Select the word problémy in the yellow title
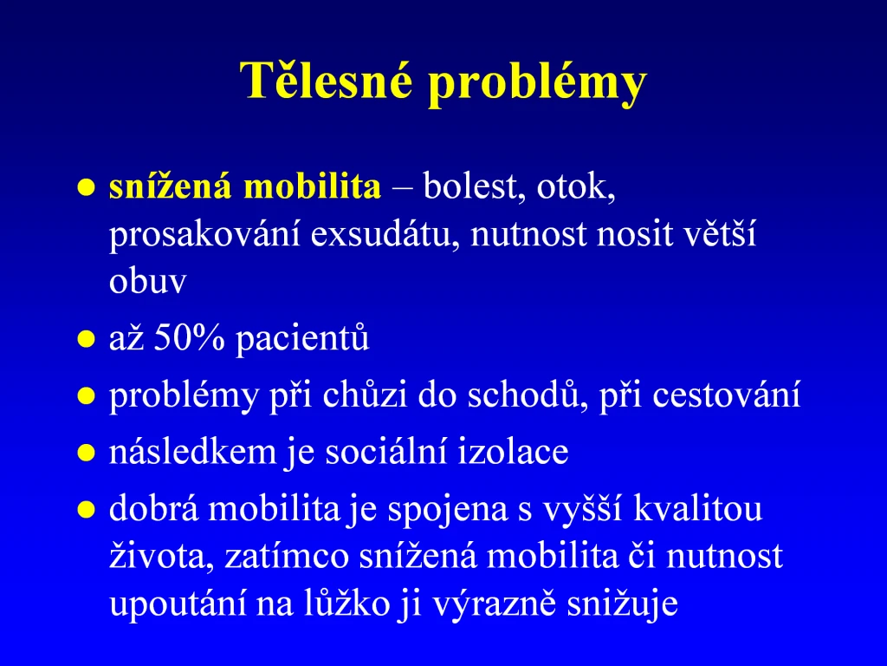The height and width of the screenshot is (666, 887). [x=537, y=82]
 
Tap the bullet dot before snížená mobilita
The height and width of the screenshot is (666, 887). [x=86, y=187]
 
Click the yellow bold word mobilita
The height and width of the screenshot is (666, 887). [x=312, y=186]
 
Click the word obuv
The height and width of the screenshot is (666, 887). [x=147, y=281]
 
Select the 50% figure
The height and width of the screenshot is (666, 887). [x=189, y=337]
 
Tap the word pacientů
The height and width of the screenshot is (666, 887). [x=302, y=339]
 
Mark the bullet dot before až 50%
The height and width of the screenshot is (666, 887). [x=86, y=339]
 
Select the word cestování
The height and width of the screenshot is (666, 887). [x=727, y=395]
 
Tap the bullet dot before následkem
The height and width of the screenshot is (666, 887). [x=86, y=453]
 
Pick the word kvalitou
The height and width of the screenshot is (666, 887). [x=697, y=508]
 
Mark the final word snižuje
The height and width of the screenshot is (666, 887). [x=622, y=604]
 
